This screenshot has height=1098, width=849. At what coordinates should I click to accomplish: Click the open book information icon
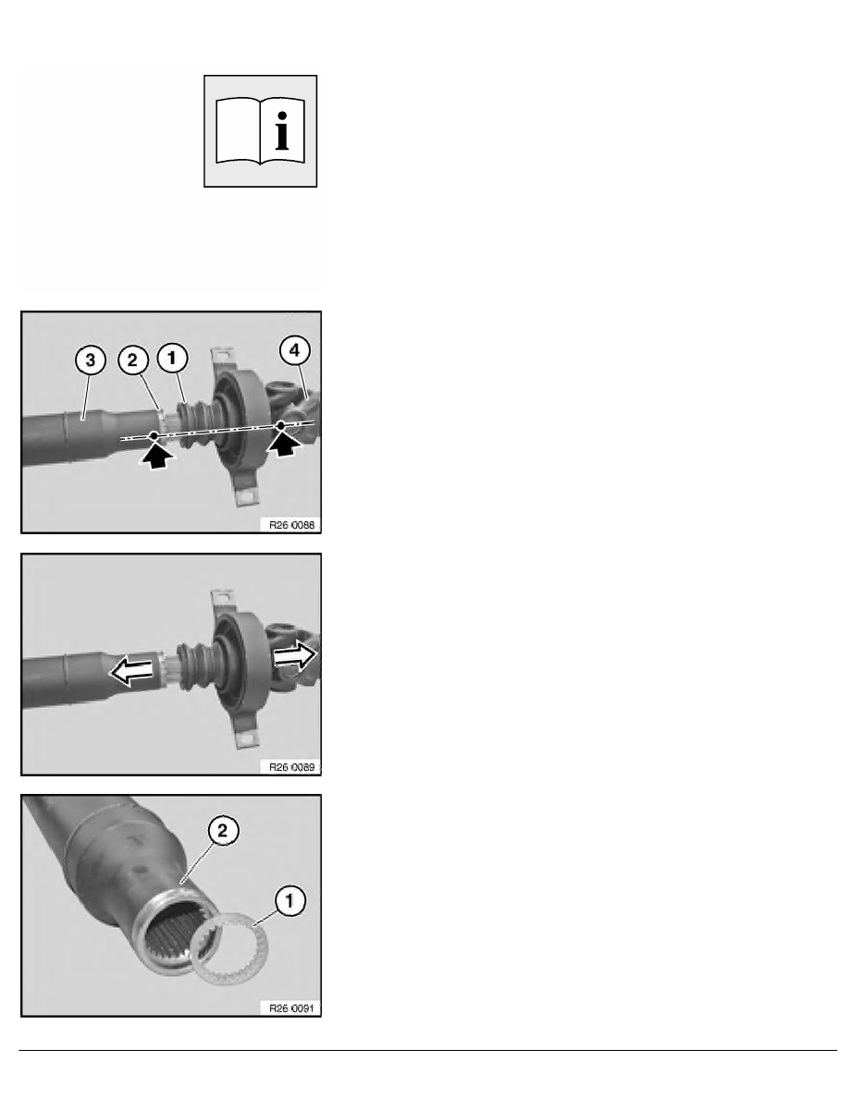tap(260, 131)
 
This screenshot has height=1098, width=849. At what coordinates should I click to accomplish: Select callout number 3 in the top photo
tap(90, 360)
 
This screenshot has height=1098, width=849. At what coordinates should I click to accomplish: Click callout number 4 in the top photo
tap(294, 350)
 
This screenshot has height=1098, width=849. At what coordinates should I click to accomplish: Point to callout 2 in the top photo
tap(132, 360)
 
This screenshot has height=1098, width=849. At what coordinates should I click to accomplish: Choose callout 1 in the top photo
tap(172, 358)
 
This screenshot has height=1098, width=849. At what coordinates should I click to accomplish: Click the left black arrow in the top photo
tap(157, 454)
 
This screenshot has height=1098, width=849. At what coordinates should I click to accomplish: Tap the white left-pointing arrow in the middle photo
tap(131, 672)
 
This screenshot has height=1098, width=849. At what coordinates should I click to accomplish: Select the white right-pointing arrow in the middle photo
tap(295, 656)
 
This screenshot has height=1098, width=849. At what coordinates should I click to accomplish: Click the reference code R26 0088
tap(291, 524)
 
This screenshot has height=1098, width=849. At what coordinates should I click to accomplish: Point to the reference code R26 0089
tap(291, 767)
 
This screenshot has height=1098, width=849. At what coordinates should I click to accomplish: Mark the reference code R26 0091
tap(291, 1008)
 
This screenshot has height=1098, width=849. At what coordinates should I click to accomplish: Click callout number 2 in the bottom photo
tap(223, 831)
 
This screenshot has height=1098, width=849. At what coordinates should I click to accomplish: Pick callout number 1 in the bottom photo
tap(289, 900)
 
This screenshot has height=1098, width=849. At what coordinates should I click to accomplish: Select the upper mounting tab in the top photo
tap(223, 358)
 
